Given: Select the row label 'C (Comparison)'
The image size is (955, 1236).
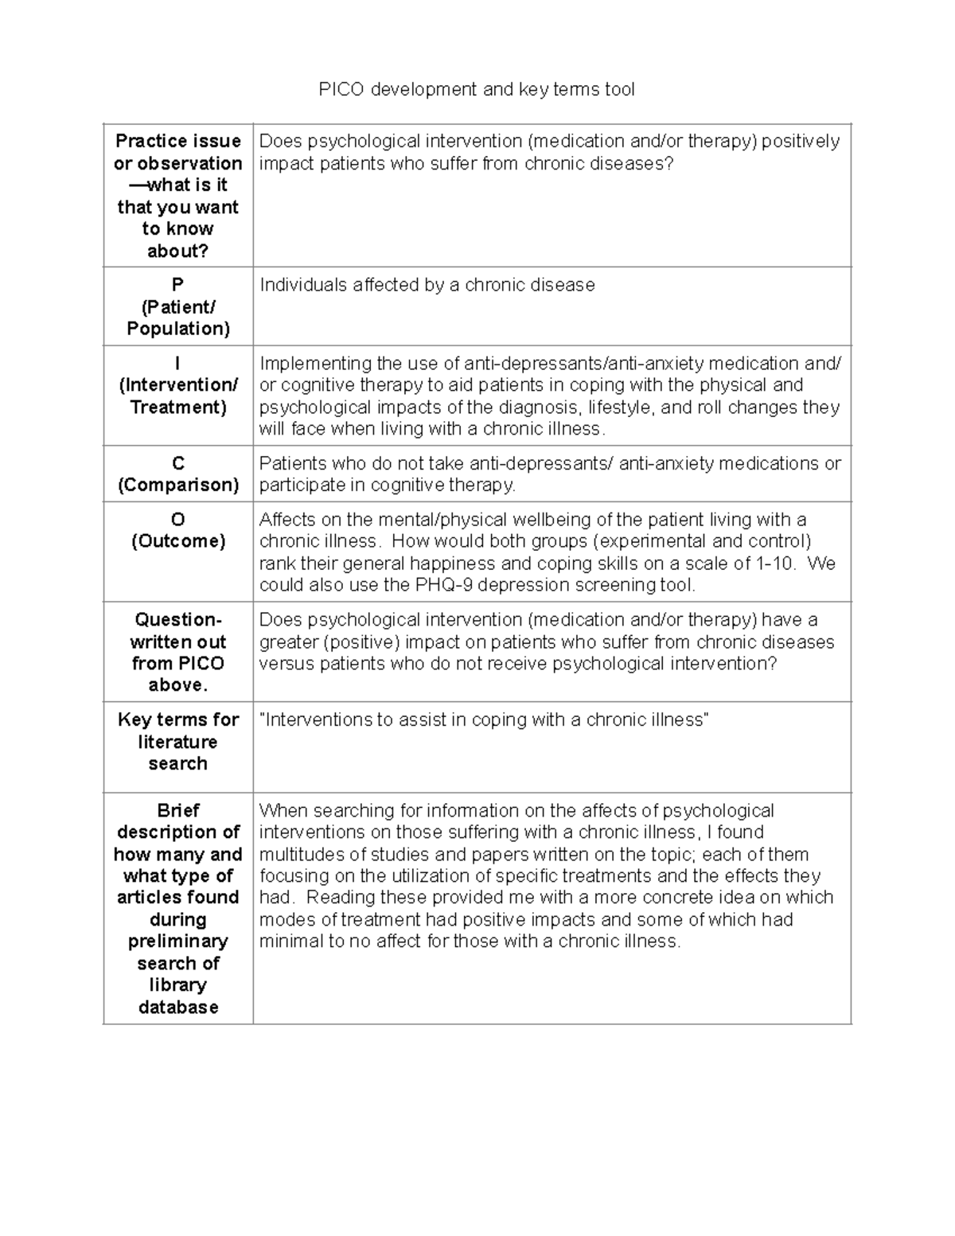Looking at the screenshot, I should (x=178, y=474).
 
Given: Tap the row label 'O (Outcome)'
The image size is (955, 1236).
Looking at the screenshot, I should (x=178, y=531).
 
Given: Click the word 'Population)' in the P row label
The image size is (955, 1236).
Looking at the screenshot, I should (x=178, y=329).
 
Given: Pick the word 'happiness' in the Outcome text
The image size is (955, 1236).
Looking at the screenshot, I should (x=450, y=563).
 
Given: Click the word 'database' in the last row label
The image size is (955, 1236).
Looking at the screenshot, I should (x=178, y=1007).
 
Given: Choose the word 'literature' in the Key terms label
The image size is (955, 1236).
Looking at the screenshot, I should (x=178, y=742).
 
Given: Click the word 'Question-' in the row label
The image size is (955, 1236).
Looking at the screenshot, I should (x=178, y=620).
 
